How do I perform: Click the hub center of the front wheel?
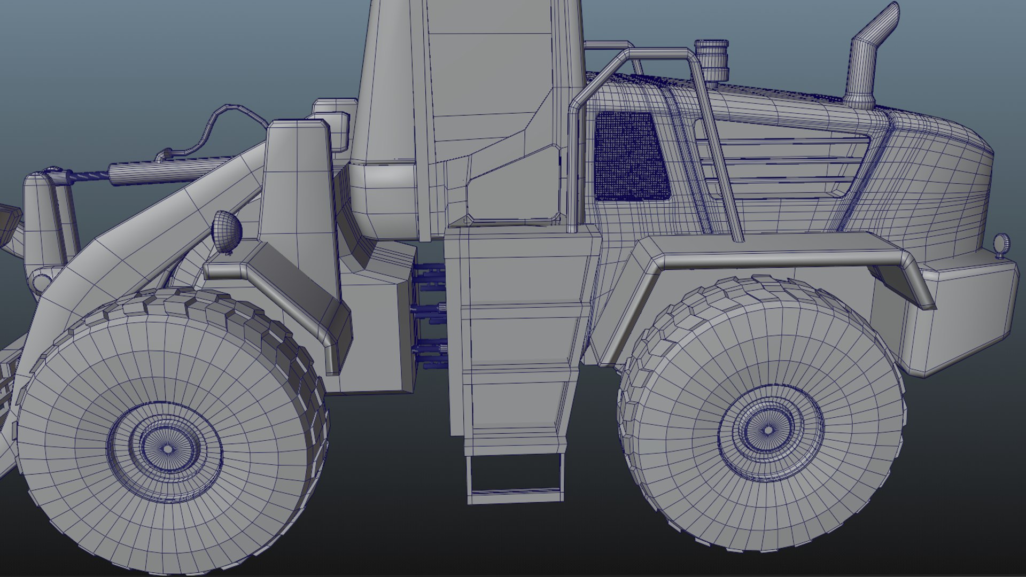(167, 449)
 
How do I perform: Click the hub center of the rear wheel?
(768, 430)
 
